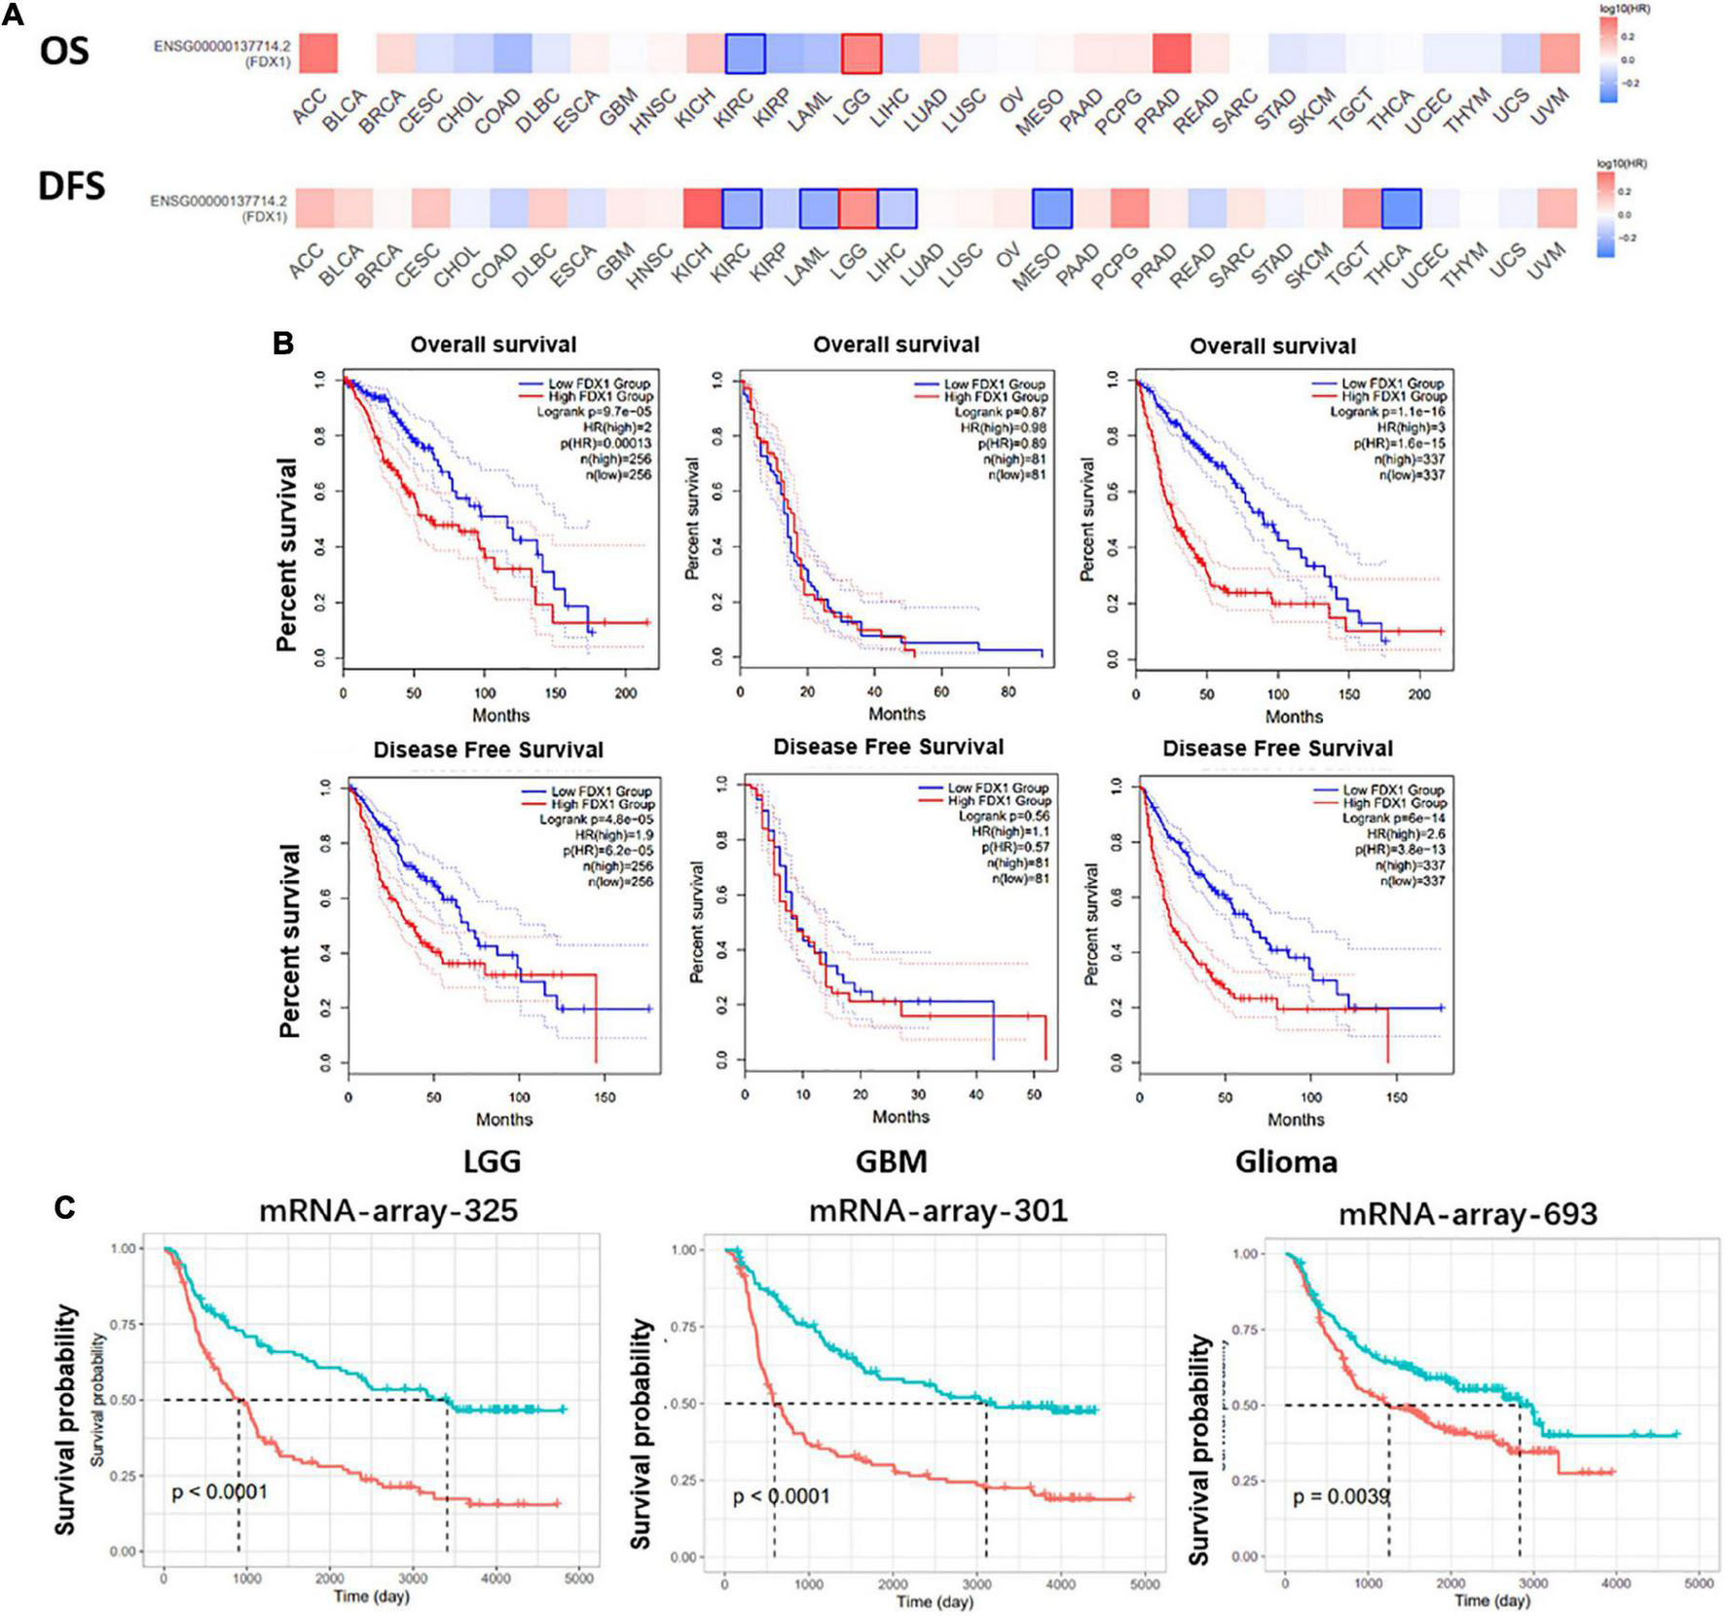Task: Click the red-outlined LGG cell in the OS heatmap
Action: (x=862, y=54)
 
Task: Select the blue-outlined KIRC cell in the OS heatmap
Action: (x=745, y=54)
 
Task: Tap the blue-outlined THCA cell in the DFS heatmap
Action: (x=1401, y=208)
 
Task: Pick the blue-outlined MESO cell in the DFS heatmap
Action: (x=1051, y=208)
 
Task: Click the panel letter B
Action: (x=282, y=344)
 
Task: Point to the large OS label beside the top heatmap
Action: (x=64, y=51)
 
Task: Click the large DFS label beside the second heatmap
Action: (x=71, y=185)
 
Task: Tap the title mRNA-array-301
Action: (x=937, y=1210)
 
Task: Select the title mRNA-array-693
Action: (x=1467, y=1214)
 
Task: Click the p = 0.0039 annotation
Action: (x=1340, y=1496)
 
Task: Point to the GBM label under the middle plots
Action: (x=891, y=1161)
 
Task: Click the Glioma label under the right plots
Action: (x=1286, y=1161)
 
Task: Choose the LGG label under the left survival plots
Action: (x=493, y=1161)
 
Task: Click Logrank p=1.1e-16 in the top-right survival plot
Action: (x=1387, y=412)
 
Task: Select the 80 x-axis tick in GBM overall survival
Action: (x=1008, y=692)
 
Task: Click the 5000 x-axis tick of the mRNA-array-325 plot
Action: (x=578, y=1578)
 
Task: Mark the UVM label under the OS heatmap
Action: (x=1549, y=106)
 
